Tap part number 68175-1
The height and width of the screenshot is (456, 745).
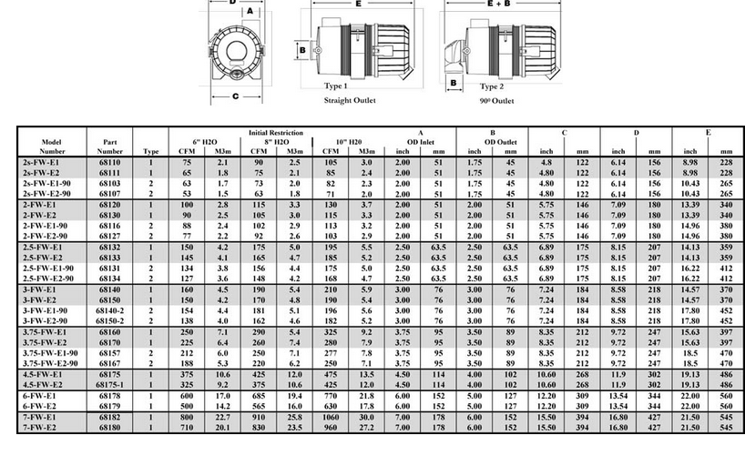[x=110, y=385]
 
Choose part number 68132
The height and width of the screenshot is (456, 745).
[x=110, y=246]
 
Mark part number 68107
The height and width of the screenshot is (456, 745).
[x=110, y=193]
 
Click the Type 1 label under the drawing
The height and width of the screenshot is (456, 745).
[x=337, y=86]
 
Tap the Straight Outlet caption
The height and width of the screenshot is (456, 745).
[x=351, y=100]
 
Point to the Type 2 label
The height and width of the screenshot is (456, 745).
[x=492, y=86]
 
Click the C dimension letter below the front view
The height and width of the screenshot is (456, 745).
[x=235, y=95]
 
